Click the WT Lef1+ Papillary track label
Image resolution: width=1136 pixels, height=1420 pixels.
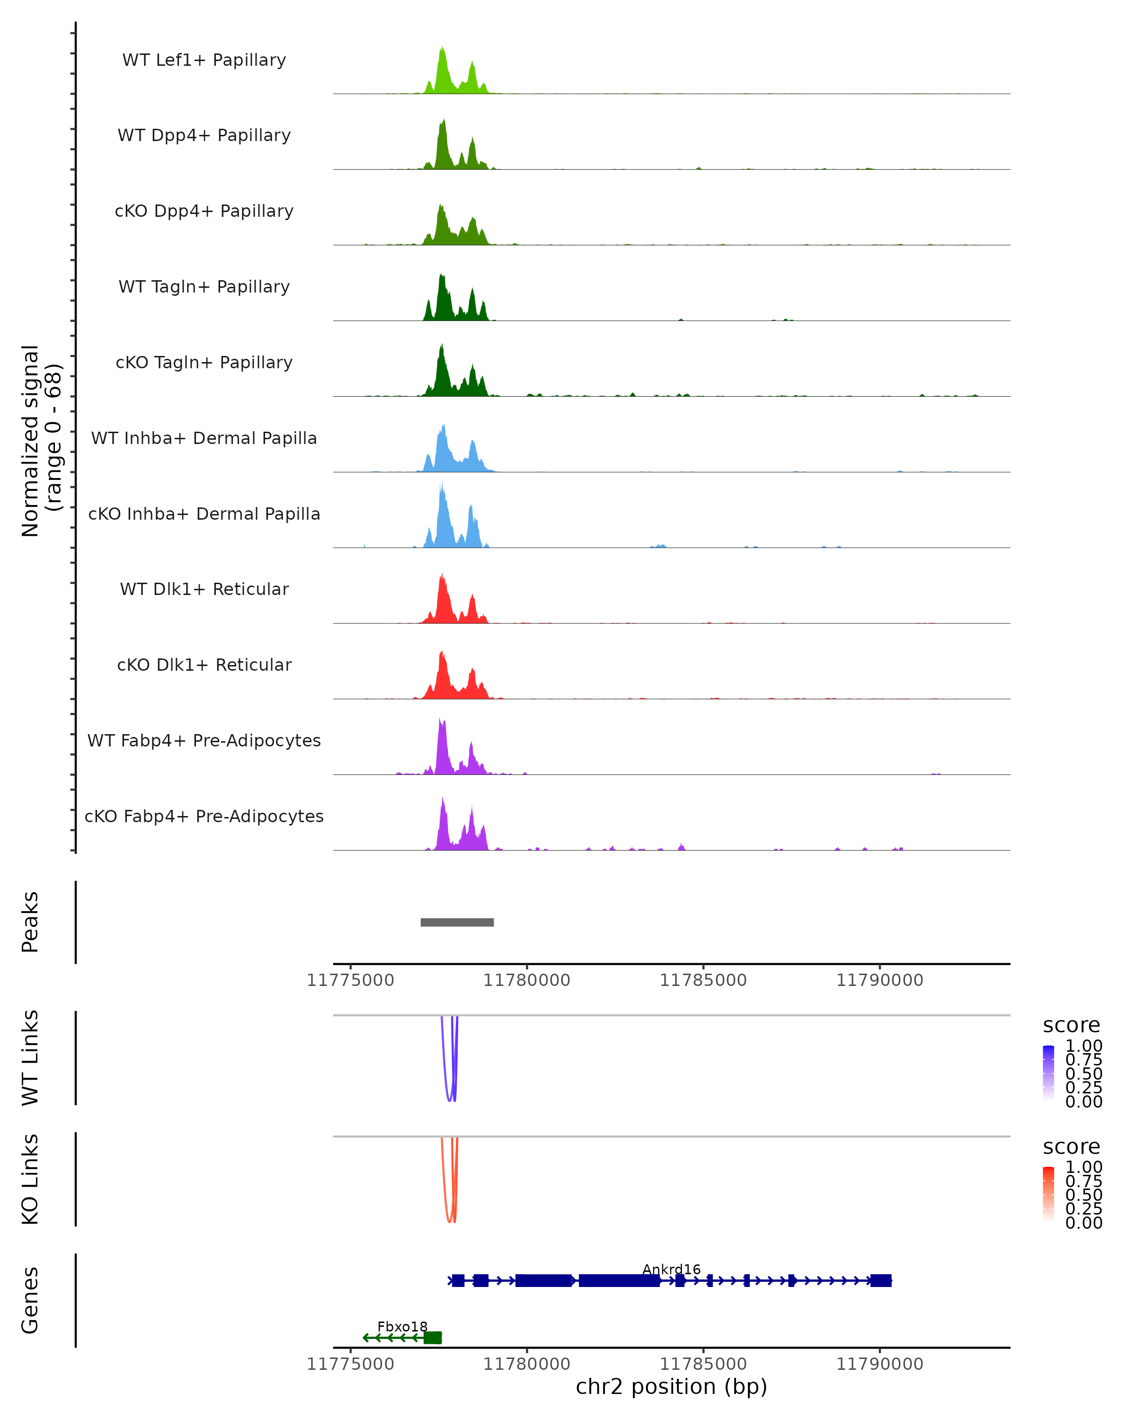(x=204, y=60)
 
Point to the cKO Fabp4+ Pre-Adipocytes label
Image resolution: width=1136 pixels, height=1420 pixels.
(x=204, y=816)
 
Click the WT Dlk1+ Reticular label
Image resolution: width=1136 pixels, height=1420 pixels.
(x=204, y=589)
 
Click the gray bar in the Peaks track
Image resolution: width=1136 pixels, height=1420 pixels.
(x=457, y=922)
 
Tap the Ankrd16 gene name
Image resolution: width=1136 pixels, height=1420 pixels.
(x=671, y=1269)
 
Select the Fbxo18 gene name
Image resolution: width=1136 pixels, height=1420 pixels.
(x=402, y=1326)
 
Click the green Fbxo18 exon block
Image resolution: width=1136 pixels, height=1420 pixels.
(x=433, y=1338)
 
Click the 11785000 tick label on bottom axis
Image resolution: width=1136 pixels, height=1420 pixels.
(x=703, y=1364)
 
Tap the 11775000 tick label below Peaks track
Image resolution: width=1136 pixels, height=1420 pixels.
(x=350, y=980)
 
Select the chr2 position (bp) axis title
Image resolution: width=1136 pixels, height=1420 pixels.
(x=671, y=1387)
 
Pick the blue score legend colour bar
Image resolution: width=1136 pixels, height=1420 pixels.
(x=1048, y=1072)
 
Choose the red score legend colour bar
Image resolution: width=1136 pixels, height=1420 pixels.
(x=1048, y=1193)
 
